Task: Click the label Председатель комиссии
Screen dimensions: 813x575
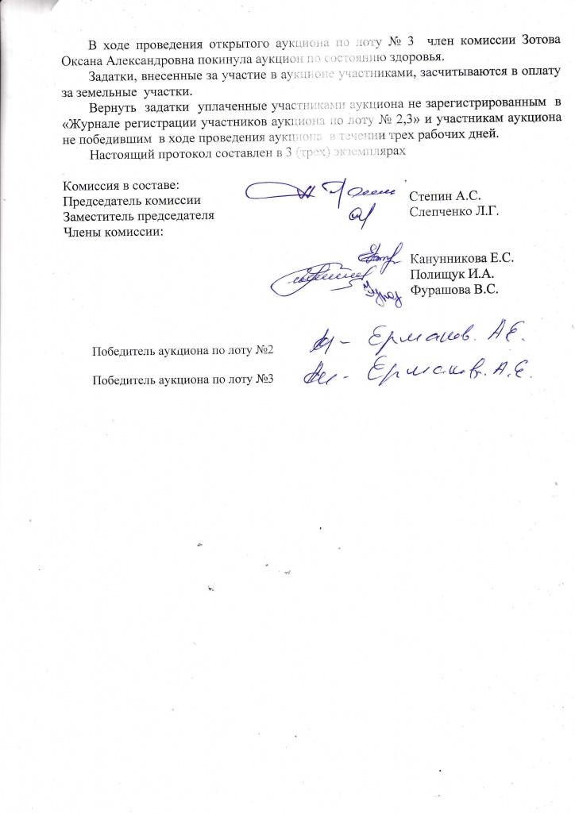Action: click(x=131, y=201)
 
